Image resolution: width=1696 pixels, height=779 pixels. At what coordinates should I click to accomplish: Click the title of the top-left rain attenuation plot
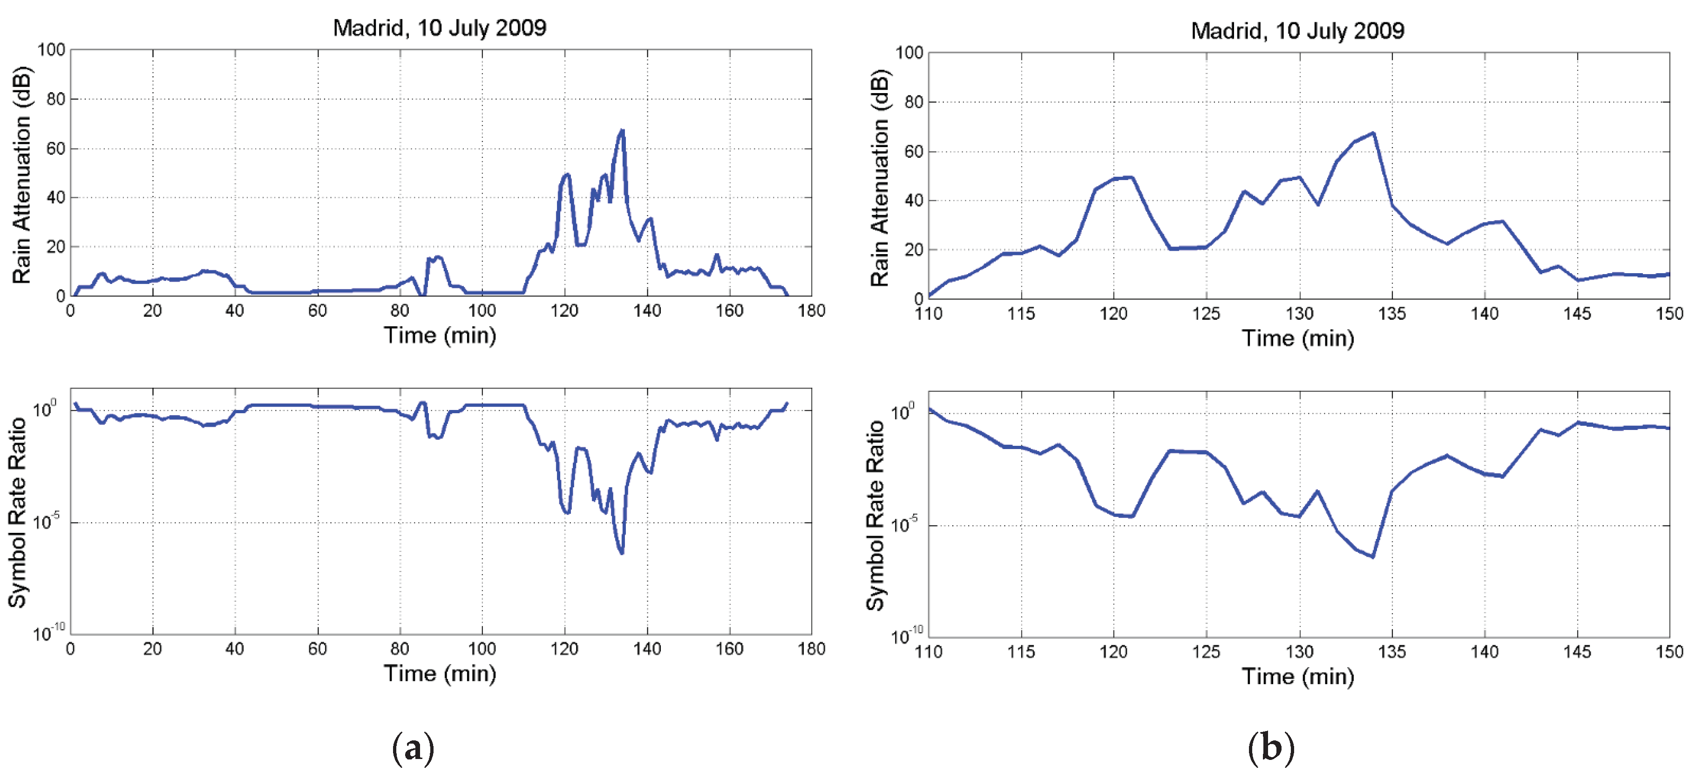pos(439,27)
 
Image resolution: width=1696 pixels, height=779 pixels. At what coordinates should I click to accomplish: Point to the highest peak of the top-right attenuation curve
pos(1373,134)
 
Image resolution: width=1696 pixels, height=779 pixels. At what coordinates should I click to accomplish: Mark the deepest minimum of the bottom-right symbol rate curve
pos(1373,557)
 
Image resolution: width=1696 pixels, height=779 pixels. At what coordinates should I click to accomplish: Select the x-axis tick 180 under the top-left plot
pos(811,310)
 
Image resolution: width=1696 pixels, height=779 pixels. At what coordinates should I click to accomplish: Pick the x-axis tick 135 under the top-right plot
pos(1392,314)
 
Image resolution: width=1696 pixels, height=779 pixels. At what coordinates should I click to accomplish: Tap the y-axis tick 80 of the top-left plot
pos(55,99)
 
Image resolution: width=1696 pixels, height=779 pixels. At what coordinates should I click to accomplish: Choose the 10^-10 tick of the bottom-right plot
pos(906,636)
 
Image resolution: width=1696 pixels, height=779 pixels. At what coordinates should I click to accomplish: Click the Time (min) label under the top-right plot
pos(1298,339)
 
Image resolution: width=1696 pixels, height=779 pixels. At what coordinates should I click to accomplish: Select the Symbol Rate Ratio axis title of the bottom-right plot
pos(875,515)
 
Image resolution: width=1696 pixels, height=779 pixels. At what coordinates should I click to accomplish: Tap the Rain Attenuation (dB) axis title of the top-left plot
pos(22,175)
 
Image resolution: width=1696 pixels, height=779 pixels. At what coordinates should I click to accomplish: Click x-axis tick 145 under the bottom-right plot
pos(1577,652)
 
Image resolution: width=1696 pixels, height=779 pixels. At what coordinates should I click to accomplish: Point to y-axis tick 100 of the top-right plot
pos(909,53)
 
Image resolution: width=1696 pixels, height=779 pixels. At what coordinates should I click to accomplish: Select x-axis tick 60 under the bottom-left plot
pos(317,649)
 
